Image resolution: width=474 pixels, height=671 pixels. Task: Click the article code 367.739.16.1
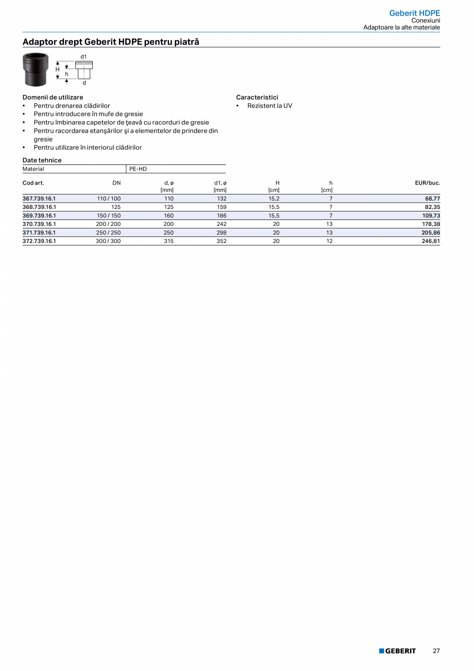(39, 199)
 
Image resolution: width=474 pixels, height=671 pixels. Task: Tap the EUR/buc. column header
(427, 183)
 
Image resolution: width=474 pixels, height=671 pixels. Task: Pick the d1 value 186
(222, 216)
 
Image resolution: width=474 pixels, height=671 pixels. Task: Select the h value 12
(329, 241)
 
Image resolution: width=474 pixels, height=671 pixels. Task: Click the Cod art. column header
(33, 183)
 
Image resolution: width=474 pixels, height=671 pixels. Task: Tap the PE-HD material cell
(138, 169)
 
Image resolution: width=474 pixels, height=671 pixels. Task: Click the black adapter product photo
(36, 70)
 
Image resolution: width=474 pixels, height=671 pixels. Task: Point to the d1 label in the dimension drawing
(83, 56)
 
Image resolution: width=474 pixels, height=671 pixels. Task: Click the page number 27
(436, 651)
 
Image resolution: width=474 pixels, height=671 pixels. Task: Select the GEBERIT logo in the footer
(397, 651)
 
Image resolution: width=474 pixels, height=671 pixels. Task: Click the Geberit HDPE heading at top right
(414, 13)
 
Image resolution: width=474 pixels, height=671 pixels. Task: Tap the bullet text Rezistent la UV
(269, 106)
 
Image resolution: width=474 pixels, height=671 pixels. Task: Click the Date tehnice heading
(42, 160)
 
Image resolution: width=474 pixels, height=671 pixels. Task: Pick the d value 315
(168, 241)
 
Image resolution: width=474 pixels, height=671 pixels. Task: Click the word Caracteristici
(257, 97)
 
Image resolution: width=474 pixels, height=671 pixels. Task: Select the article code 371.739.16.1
(39, 233)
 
